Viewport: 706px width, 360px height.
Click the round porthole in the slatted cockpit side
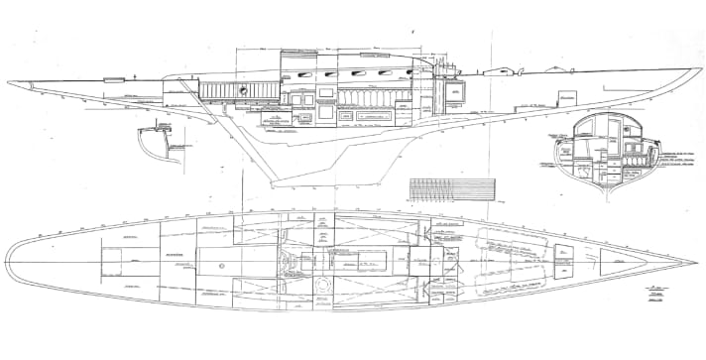242,90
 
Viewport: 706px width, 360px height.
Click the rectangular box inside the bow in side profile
566,101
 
